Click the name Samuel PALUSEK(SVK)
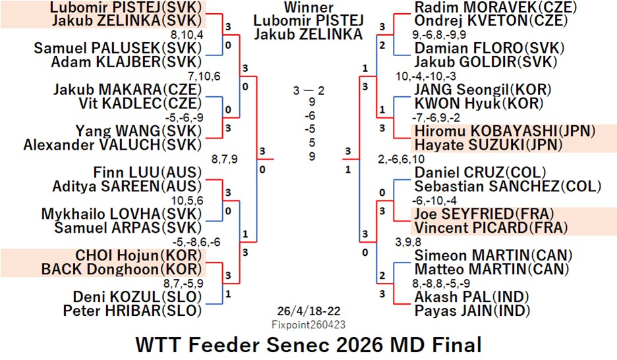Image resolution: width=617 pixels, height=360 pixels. pos(117,48)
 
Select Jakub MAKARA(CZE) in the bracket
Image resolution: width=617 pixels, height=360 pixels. pos(127,89)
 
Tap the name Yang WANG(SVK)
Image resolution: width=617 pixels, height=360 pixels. pos(138,131)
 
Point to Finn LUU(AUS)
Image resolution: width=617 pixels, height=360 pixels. pos(147,172)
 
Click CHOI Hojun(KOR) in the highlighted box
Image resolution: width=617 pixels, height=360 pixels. pos(138,255)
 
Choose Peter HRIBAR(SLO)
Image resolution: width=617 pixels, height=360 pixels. pos(132,311)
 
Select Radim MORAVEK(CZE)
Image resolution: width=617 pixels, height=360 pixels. pos(496,7)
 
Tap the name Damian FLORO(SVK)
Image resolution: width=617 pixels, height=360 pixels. pos(490,48)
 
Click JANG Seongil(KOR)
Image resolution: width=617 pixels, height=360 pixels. pos(483,89)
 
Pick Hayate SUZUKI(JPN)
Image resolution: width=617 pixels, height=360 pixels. pos(488,145)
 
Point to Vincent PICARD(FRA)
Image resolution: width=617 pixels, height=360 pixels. pos(491,228)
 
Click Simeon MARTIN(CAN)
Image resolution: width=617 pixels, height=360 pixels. pos(494,255)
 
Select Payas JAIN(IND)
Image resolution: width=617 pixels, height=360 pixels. pos(472,311)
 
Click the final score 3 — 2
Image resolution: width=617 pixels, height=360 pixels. pos(309,91)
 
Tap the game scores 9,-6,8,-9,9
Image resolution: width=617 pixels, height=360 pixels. pos(439,35)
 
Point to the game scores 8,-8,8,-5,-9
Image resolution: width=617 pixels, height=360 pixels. pos(441,284)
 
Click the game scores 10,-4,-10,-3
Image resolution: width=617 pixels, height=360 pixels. pos(426,76)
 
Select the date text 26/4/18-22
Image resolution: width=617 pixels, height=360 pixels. pos(309,311)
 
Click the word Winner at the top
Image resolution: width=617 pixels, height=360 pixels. pos(309,7)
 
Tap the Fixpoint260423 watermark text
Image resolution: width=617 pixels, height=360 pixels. pos(309,324)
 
